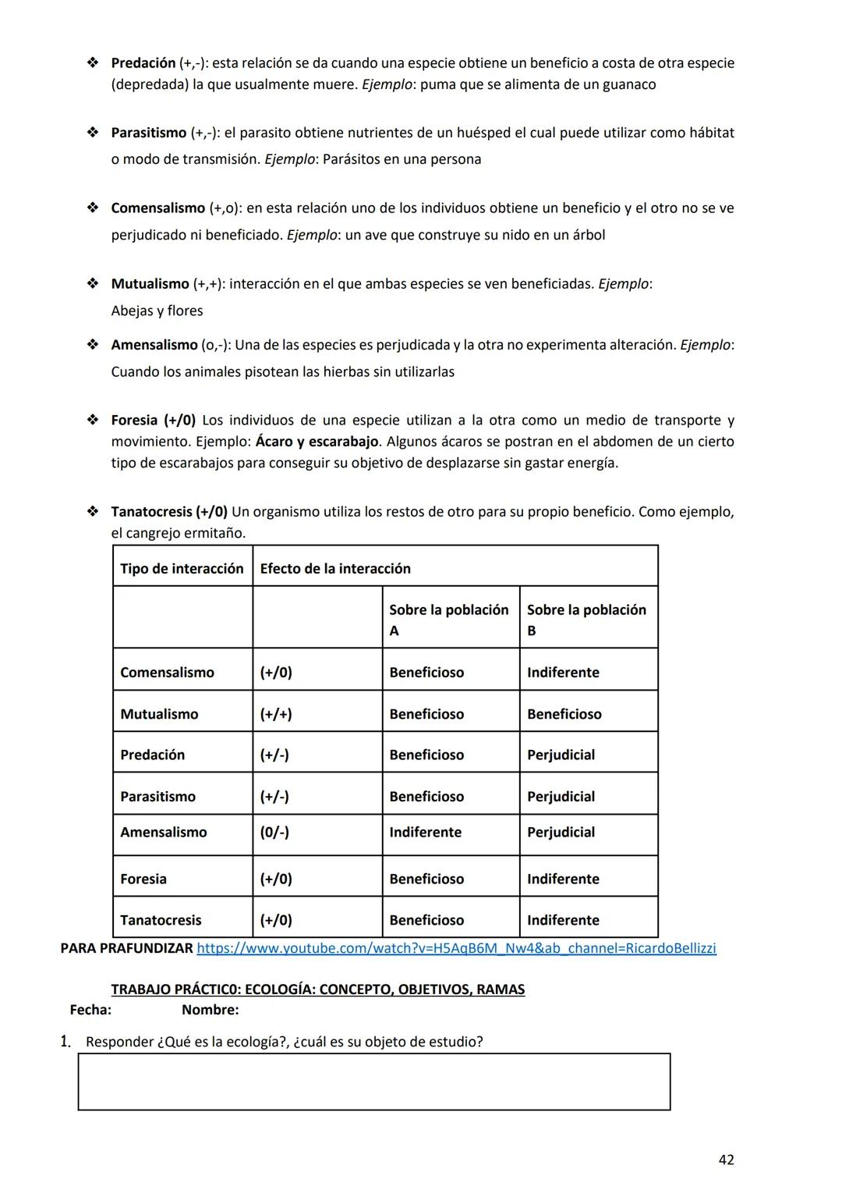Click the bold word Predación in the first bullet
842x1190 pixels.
(143, 62)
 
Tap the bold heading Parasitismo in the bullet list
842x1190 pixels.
(149, 133)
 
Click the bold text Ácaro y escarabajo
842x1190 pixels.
(317, 442)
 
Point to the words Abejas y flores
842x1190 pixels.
(157, 311)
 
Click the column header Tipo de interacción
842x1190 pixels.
(182, 568)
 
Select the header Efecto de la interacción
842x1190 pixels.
(335, 568)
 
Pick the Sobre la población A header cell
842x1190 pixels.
(449, 620)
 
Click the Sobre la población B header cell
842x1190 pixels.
(586, 620)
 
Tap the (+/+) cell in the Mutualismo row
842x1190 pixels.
(276, 714)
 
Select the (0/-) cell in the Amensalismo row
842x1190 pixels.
(274, 833)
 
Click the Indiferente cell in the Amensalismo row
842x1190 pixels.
(425, 833)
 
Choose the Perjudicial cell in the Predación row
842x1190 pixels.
(561, 755)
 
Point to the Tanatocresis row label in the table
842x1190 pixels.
(161, 920)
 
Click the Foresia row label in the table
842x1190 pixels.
(143, 879)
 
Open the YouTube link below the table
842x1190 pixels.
(456, 948)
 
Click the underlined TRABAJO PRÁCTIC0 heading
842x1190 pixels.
(317, 989)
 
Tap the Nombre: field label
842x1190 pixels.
(210, 1010)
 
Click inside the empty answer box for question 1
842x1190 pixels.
(374, 1082)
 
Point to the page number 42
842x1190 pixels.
(725, 1160)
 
